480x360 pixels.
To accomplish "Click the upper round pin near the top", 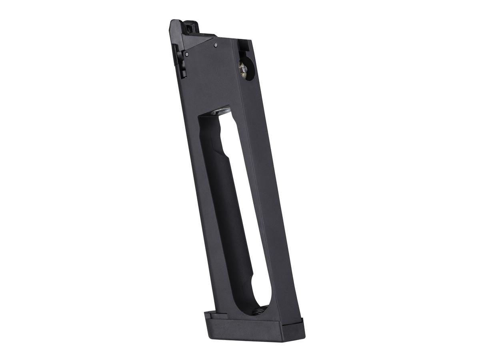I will (x=216, y=45).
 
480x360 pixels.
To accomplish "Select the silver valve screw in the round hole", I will (x=242, y=68).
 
